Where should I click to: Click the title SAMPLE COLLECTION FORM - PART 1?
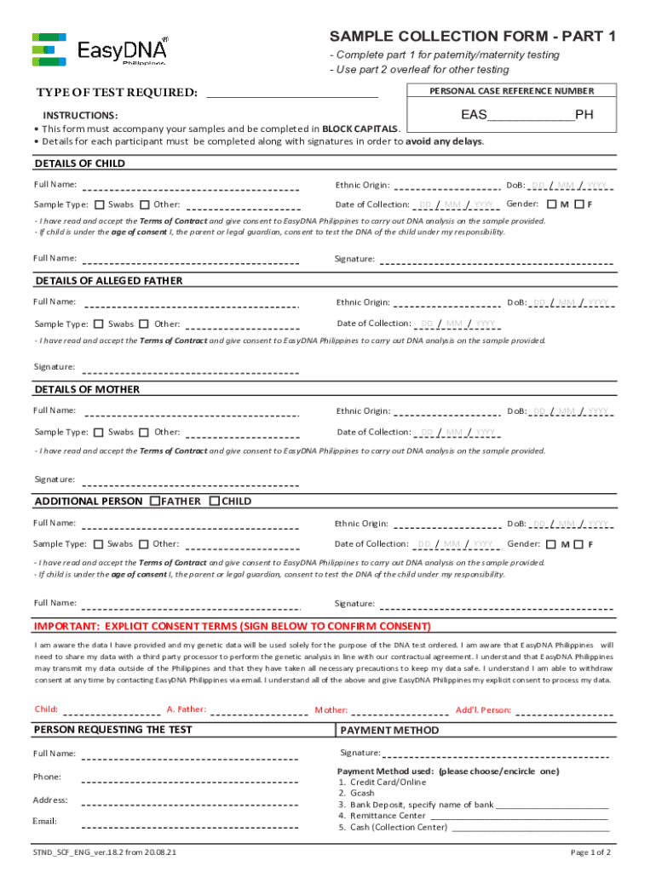[472, 36]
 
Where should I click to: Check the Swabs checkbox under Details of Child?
[100, 204]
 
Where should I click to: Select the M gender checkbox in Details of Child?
[552, 204]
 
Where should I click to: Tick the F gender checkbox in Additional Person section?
[579, 544]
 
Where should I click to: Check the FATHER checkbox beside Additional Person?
[154, 501]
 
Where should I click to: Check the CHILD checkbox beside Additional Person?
[214, 501]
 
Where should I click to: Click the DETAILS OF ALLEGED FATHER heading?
[108, 280]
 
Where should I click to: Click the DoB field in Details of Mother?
[570, 411]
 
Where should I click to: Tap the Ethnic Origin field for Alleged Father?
[446, 302]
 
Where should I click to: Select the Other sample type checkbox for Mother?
[144, 433]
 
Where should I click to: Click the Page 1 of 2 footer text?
[590, 852]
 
